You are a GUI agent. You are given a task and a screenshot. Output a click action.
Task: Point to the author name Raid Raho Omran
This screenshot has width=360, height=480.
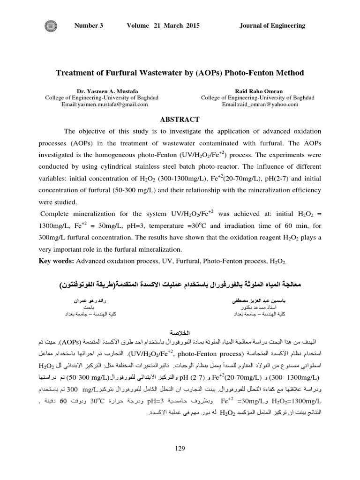coord(258,91)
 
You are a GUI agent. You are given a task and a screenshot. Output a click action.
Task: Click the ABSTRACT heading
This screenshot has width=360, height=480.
coord(180,120)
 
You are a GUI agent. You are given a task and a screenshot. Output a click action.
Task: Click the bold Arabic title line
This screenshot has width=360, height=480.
coord(180,284)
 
